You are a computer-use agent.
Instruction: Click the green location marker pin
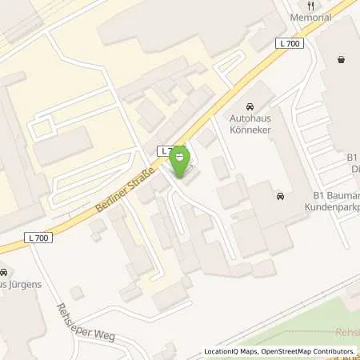click(181, 162)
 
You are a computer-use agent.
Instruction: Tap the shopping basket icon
click(342, 59)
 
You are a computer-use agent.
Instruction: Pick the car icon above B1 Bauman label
click(280, 197)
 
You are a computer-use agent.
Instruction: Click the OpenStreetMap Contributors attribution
click(307, 352)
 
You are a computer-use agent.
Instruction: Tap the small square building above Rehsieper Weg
click(77, 293)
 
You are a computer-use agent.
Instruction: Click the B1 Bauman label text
click(334, 194)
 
